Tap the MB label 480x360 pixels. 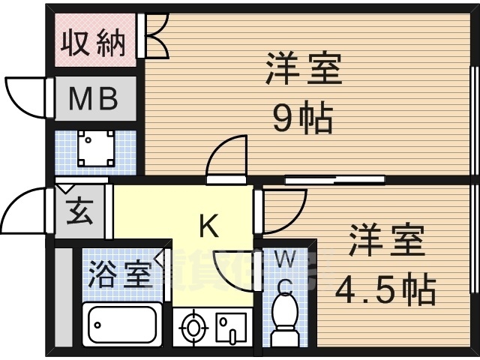click(94, 99)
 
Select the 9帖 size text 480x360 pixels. click(302, 118)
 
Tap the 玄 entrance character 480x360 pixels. click(79, 212)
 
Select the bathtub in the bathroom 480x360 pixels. click(122, 325)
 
